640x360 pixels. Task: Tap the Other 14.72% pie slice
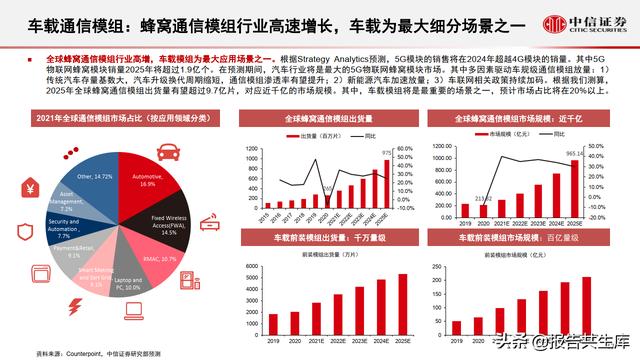pyautogui.click(x=96, y=180)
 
